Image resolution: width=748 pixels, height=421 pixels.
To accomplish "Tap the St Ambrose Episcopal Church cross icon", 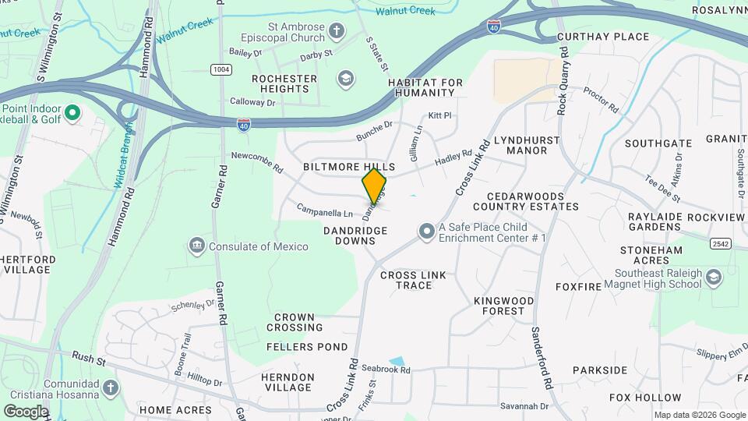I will coord(337,32).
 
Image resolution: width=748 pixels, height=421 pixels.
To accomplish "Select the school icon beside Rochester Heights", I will coord(345,79).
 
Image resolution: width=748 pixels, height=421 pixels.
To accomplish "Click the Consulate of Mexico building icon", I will coord(196,246).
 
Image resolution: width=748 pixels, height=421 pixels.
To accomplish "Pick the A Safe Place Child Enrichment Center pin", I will coord(425,232).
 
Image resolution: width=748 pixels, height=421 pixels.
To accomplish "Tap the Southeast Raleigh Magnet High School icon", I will coord(713,278).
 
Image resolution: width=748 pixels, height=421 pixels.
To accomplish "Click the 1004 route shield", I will coord(221,69).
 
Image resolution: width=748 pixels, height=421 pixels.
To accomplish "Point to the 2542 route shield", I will coord(721,244).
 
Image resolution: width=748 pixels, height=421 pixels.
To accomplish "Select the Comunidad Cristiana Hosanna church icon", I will coord(111,387).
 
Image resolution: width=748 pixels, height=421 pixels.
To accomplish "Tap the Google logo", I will coord(26,411).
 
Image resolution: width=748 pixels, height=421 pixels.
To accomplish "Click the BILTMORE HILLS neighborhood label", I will coord(349,168).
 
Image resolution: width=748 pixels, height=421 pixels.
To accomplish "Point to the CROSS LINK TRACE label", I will coord(406,280).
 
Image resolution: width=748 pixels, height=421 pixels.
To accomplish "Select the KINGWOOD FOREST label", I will coord(504,306).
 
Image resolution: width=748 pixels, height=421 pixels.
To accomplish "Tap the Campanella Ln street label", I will coord(324,210).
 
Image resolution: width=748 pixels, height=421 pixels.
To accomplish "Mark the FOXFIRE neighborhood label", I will coord(578,287).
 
